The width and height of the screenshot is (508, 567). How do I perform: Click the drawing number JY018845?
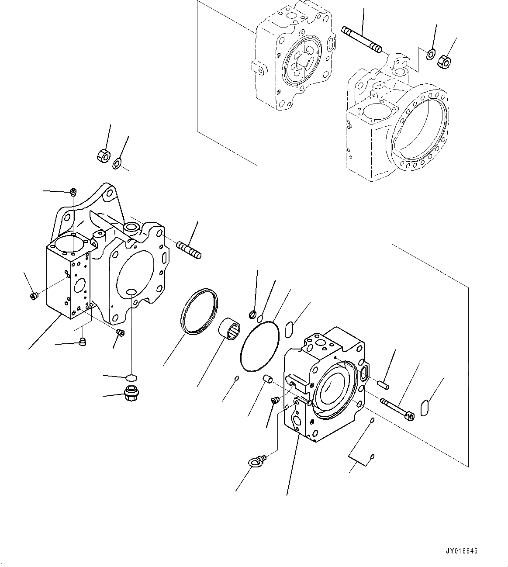462,551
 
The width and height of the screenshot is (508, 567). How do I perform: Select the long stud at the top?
361,38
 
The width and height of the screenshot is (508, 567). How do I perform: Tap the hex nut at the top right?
444,62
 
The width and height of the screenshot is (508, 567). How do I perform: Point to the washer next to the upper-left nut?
117,164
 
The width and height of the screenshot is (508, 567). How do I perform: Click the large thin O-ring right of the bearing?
259,347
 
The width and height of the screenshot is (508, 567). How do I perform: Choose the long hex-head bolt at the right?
397,409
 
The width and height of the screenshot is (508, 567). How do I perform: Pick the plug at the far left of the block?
34,297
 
